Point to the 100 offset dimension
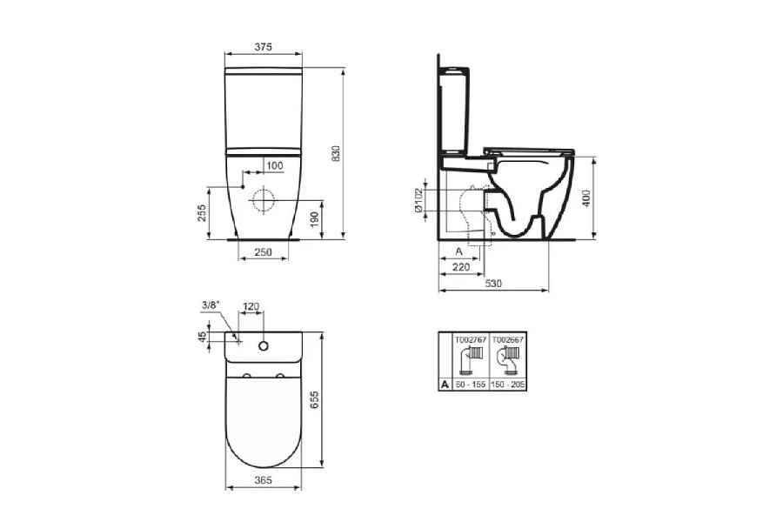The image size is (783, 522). tap(274, 165)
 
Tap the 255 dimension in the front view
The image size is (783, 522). tap(201, 212)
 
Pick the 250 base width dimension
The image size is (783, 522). tap(264, 252)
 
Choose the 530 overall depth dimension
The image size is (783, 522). tap(493, 284)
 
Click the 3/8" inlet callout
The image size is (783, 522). tap(210, 304)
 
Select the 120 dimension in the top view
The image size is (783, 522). tap(251, 306)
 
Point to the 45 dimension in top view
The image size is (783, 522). tap(203, 338)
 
